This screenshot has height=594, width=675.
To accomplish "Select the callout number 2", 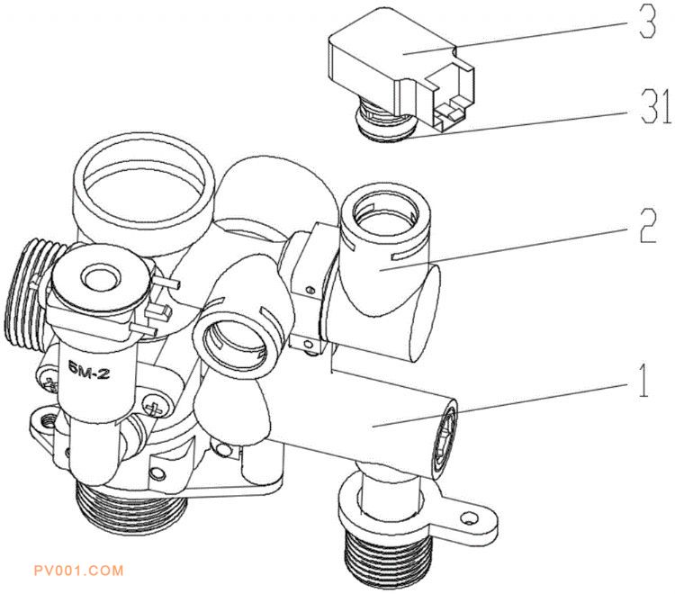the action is click(x=647, y=226).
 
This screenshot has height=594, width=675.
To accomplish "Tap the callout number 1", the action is click(x=643, y=380).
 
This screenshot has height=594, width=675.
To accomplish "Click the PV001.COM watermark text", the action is click(x=79, y=571).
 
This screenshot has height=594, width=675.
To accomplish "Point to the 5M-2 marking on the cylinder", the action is click(x=88, y=373).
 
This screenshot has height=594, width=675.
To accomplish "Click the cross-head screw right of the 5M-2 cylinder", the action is click(x=153, y=405).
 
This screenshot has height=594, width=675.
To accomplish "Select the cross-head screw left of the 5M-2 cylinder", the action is click(x=51, y=383).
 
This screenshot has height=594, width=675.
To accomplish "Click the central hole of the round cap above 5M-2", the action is click(x=101, y=277).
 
